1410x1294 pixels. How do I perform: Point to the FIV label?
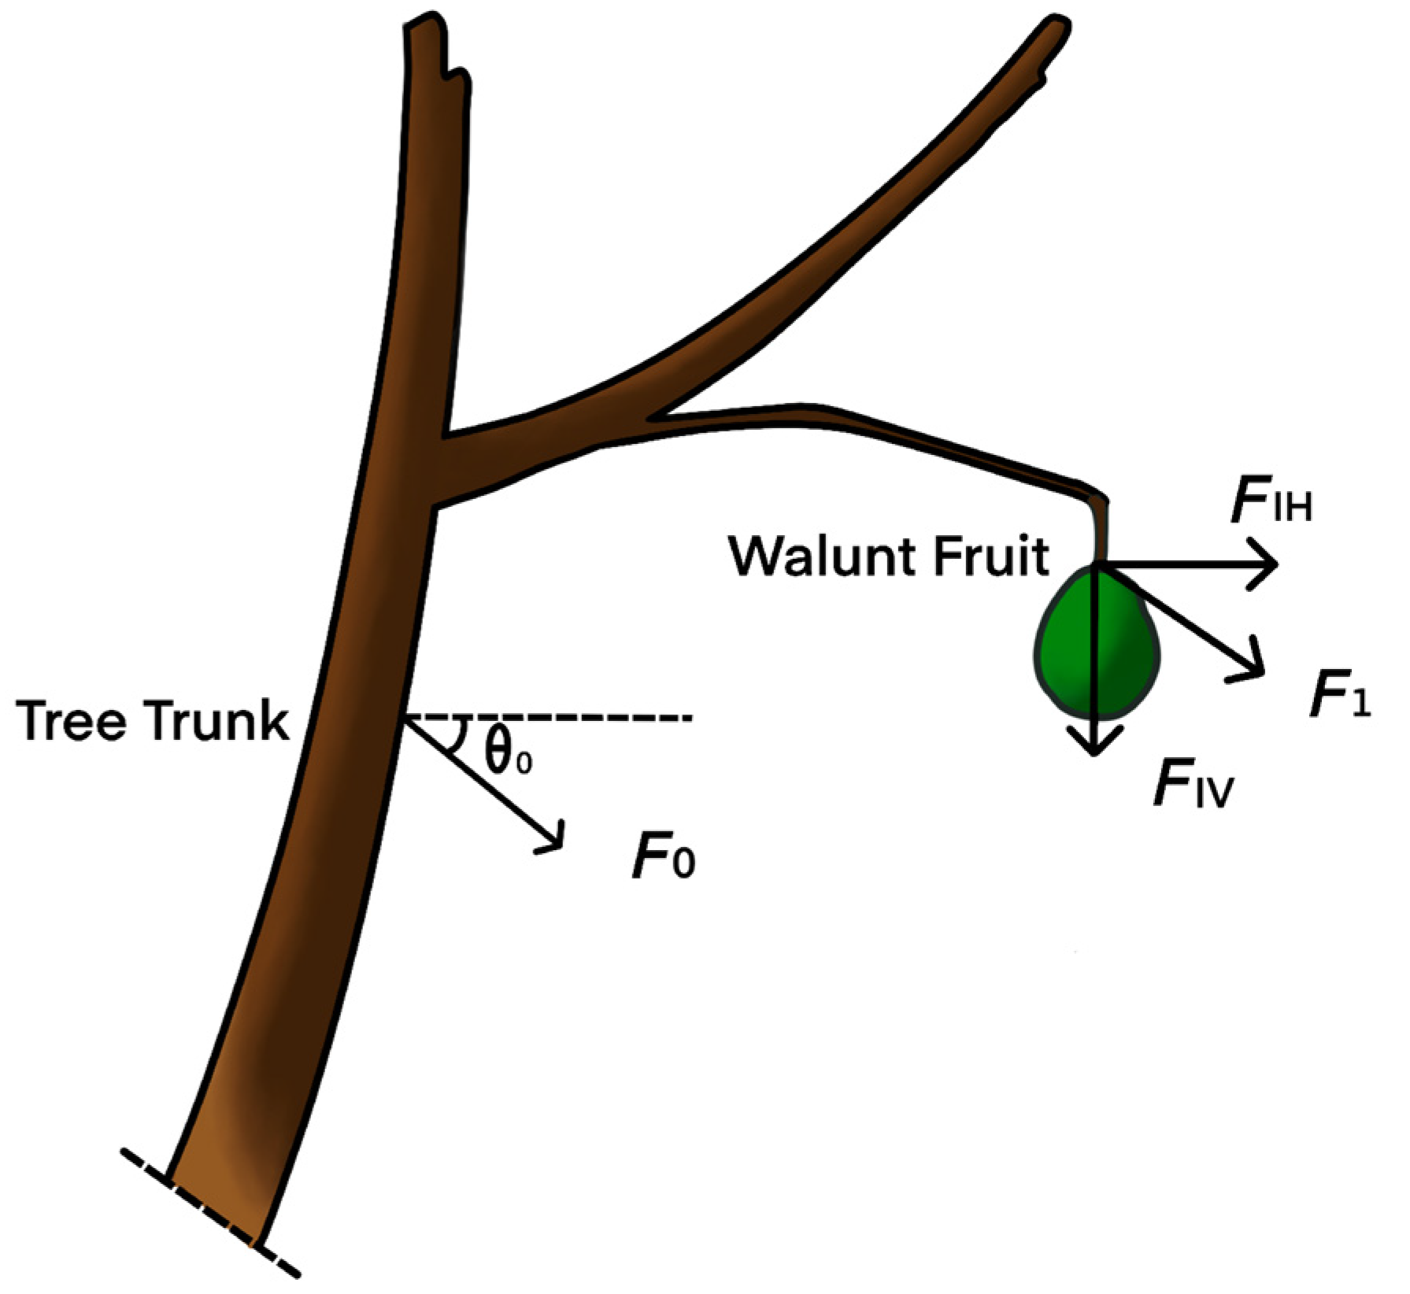tap(1192, 783)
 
